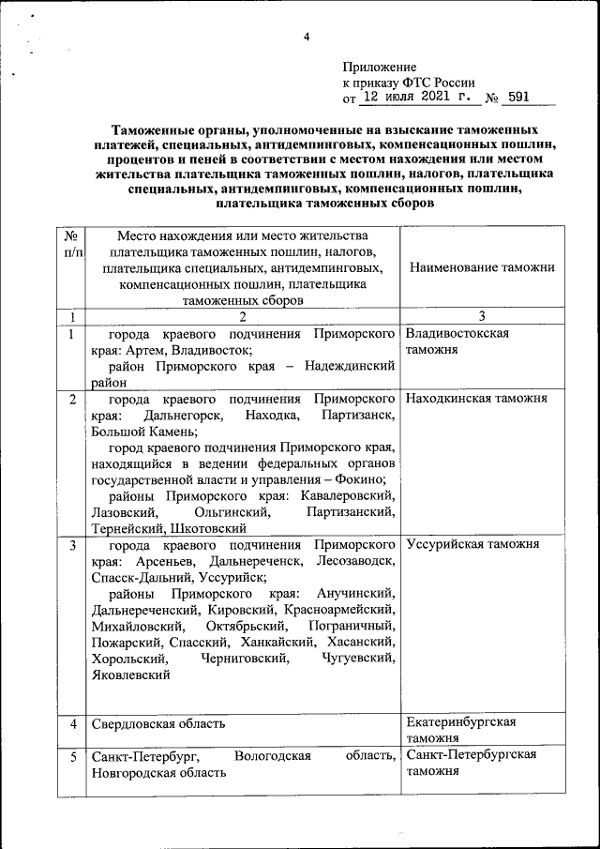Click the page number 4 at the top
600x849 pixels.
pyautogui.click(x=306, y=37)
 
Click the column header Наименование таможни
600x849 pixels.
pyautogui.click(x=482, y=267)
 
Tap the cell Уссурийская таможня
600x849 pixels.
pyautogui.click(x=472, y=544)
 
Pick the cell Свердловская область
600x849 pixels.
pyautogui.click(x=158, y=724)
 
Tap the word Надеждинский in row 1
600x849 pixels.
pyautogui.click(x=347, y=367)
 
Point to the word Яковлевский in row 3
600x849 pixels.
pyautogui.click(x=130, y=674)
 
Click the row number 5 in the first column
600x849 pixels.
pyautogui.click(x=72, y=756)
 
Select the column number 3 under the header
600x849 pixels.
pyautogui.click(x=481, y=316)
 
